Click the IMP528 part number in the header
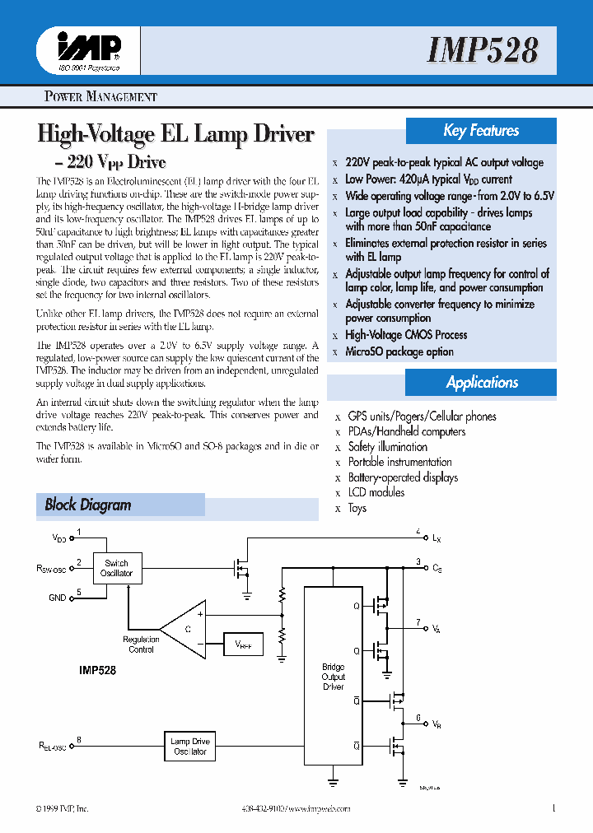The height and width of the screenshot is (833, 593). click(483, 50)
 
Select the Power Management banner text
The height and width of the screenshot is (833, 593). click(100, 96)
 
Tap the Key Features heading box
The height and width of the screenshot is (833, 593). click(481, 131)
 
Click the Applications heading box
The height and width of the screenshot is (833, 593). click(482, 383)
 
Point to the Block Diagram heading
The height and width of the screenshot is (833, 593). click(88, 505)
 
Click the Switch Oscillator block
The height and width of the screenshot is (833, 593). click(116, 568)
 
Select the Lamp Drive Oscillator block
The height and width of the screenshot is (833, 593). click(190, 747)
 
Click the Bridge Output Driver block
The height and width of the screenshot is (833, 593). click(333, 677)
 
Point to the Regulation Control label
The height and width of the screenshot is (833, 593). click(141, 645)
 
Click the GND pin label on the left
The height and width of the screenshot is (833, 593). click(57, 598)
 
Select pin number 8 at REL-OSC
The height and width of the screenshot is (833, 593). click(79, 738)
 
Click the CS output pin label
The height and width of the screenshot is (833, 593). click(437, 568)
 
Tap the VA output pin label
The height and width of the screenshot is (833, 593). click(436, 628)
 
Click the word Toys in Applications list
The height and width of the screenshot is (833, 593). click(357, 508)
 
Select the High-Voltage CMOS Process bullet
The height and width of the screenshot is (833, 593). click(406, 335)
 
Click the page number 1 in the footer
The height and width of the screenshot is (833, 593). click(554, 808)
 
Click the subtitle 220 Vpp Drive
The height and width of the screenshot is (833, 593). click(114, 161)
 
